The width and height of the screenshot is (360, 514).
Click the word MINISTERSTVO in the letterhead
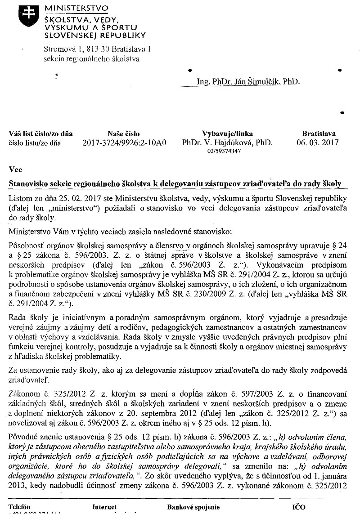point(76,8)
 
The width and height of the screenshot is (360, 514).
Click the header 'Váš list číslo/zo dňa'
point(40,134)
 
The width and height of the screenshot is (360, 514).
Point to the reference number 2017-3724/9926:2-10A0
point(125,143)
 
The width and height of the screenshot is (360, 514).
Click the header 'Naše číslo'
point(124,134)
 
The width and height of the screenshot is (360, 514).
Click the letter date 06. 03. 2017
point(319,143)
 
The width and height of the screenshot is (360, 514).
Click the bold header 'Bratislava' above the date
point(319,134)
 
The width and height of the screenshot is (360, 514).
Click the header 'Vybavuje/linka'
point(227,134)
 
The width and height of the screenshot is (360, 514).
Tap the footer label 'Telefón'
point(22,507)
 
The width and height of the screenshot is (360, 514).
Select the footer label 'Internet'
point(104,507)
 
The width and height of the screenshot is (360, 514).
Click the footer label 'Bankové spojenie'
point(193,507)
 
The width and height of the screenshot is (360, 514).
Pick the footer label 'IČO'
point(298,507)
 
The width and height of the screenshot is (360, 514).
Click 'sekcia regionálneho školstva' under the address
point(91,58)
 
